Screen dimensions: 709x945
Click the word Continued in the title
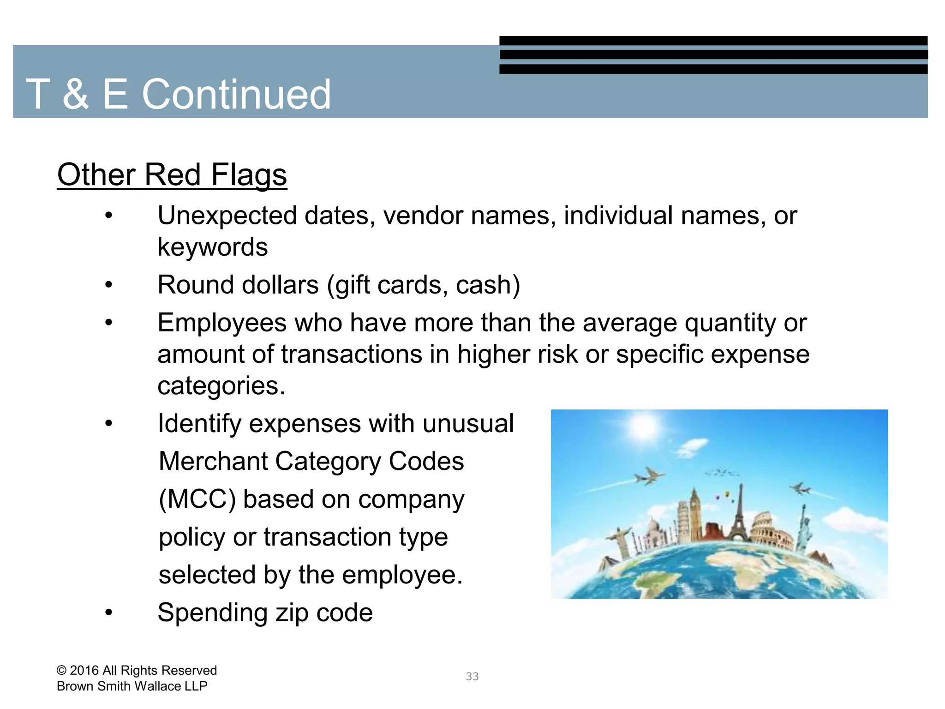coord(236,94)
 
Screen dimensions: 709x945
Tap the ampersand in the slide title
coord(75,94)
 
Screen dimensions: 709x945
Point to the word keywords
coord(212,247)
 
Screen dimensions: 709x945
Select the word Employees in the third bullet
coord(222,323)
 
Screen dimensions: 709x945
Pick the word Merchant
coord(213,462)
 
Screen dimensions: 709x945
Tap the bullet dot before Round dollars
coord(108,285)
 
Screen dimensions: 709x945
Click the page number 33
coord(472,677)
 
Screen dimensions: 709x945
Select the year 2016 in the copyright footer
coord(84,671)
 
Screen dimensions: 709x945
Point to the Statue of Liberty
coord(805,526)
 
